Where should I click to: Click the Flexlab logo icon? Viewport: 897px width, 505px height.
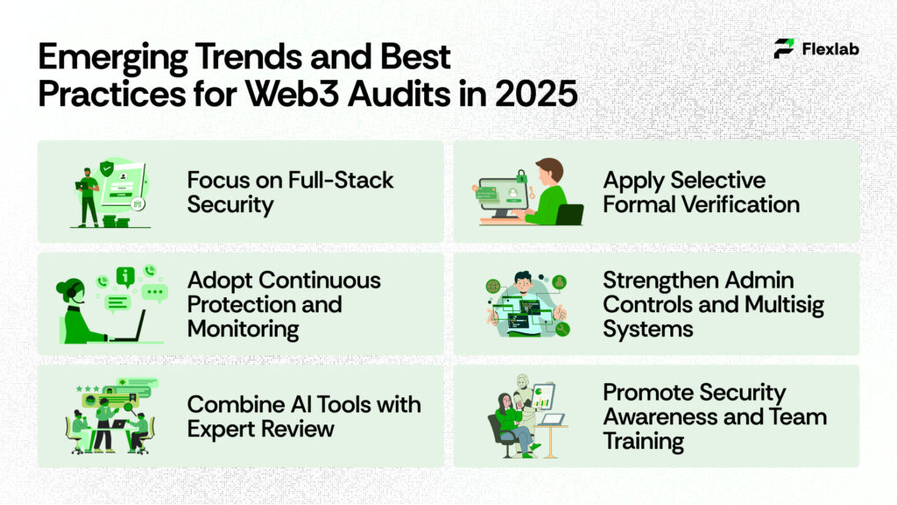pos(784,48)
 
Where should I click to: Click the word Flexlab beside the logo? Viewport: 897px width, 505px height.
pos(830,49)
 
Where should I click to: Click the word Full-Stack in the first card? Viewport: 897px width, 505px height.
pos(341,181)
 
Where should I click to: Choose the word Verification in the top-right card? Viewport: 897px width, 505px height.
pos(745,204)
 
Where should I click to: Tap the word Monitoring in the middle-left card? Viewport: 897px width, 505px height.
pos(244,329)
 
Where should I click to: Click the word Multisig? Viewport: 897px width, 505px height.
pos(784,305)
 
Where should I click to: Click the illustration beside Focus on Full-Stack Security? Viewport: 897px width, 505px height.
pos(109,192)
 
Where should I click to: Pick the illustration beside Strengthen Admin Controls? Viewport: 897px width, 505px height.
pos(526,304)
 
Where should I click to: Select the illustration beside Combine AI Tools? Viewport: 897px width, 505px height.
pos(109,416)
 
